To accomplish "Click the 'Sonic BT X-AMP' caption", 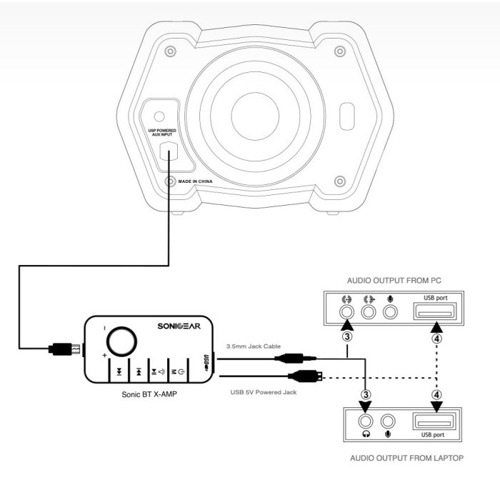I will click(151, 394).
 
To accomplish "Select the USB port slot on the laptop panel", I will click(436, 421).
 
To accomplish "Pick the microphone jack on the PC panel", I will click(390, 311).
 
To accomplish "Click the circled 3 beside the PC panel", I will click(348, 335).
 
